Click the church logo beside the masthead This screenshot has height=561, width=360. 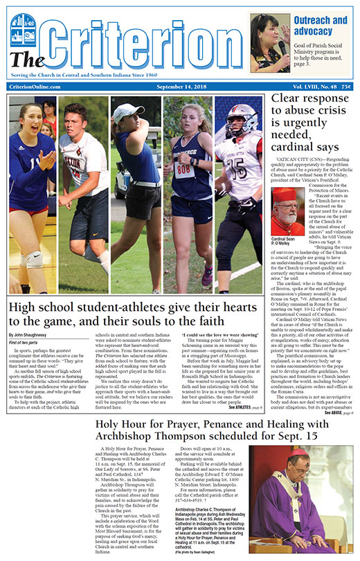(x=23, y=30)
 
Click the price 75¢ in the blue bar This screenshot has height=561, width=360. (x=345, y=86)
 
